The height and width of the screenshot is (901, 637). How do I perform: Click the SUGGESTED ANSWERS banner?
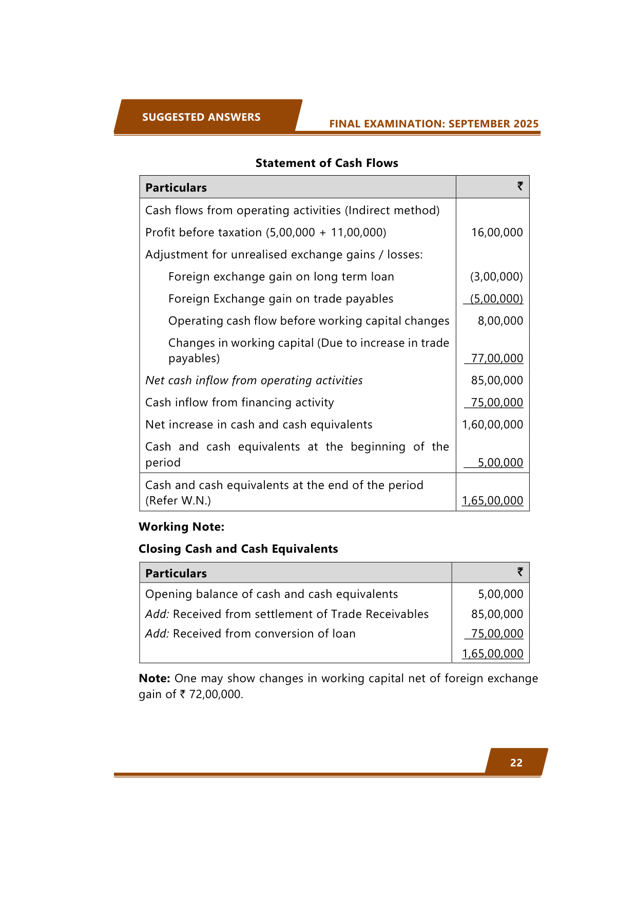click(201, 117)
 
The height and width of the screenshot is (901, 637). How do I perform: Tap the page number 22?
click(516, 763)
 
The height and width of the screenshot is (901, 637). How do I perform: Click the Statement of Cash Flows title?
click(326, 163)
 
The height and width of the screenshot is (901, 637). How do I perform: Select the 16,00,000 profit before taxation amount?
click(497, 232)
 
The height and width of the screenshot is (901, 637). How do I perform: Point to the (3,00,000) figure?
click(496, 276)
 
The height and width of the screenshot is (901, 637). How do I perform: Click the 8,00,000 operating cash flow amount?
click(500, 321)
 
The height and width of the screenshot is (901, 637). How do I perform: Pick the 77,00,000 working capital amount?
click(497, 358)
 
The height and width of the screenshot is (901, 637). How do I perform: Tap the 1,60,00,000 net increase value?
click(492, 424)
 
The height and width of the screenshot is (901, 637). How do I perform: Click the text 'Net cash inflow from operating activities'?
click(254, 380)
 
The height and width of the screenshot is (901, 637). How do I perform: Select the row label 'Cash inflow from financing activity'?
click(239, 402)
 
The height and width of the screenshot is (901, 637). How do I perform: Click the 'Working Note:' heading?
click(181, 527)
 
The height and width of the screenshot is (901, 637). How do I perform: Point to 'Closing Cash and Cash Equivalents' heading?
click(238, 549)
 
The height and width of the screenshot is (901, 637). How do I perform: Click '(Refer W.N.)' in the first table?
click(178, 500)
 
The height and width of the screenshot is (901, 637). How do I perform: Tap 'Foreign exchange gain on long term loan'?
click(281, 276)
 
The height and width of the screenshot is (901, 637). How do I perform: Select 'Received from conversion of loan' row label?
click(264, 633)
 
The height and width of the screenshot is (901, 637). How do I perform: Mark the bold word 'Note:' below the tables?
click(155, 678)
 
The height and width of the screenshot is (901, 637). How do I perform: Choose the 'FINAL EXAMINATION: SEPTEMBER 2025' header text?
click(434, 124)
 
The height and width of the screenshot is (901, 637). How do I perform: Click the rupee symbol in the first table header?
click(519, 186)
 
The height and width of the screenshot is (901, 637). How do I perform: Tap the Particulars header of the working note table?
click(176, 573)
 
